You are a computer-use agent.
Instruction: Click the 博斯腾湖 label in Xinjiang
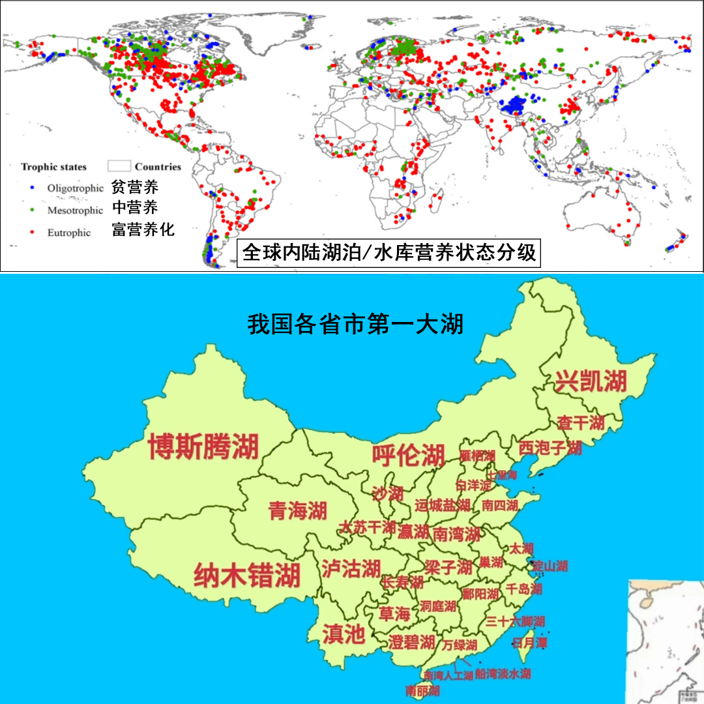(x=203, y=447)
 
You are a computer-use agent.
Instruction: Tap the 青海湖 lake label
(x=297, y=511)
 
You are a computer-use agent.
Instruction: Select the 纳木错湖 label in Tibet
(x=247, y=576)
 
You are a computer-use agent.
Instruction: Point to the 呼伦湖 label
(x=408, y=455)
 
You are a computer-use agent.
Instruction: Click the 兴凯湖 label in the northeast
(x=590, y=381)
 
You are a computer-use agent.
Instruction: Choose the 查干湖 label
(x=580, y=423)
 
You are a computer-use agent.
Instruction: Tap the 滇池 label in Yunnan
(x=344, y=634)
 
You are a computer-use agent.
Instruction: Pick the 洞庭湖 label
(x=438, y=606)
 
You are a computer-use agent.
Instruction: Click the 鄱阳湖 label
(x=480, y=594)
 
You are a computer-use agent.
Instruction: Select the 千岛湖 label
(x=523, y=589)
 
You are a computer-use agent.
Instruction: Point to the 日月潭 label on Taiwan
(x=529, y=643)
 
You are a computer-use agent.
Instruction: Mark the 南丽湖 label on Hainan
(x=422, y=690)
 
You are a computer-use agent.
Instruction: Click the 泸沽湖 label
(x=351, y=568)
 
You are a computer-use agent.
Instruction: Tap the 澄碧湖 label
(x=411, y=642)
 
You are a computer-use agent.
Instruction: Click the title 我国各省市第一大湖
(x=356, y=324)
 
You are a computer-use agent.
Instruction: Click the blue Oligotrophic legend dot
(x=32, y=188)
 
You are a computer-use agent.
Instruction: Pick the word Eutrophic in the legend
(x=69, y=232)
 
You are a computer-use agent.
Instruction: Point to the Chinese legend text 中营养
(x=135, y=208)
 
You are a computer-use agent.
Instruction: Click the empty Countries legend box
(x=119, y=166)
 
